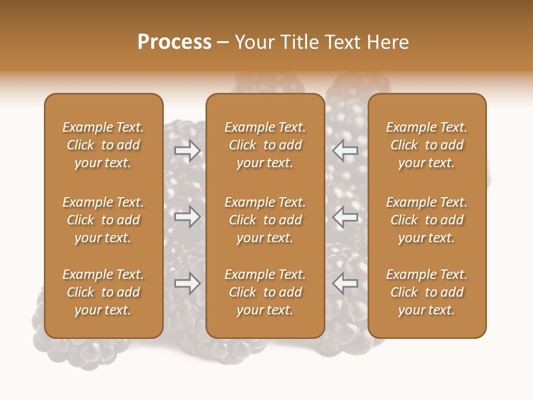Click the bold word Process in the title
point(174,42)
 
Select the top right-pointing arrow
point(188,150)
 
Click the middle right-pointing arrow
point(188,216)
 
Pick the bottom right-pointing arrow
point(188,283)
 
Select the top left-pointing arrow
point(345,150)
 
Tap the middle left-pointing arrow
point(345,216)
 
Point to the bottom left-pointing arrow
point(345,283)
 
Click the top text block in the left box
point(103,145)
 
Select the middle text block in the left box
point(103,220)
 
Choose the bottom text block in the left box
point(103,292)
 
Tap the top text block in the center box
point(265,145)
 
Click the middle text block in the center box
point(265,220)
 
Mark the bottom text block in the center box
point(265,292)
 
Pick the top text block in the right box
point(427,145)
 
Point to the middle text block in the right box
point(427,220)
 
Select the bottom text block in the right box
point(427,292)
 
